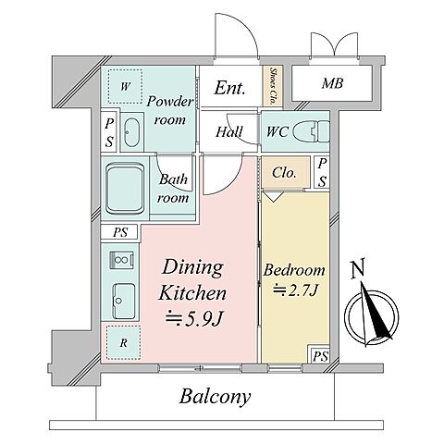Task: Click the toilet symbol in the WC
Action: click(311, 131)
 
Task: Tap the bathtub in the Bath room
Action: click(125, 189)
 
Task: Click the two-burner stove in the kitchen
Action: click(122, 260)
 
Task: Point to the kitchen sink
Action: click(124, 302)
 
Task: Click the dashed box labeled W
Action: click(125, 87)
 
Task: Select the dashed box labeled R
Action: click(123, 342)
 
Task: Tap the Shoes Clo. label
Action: click(273, 86)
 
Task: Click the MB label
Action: click(332, 83)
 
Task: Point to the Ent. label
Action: click(229, 88)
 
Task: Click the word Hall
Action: click(229, 132)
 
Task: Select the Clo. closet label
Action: click(284, 173)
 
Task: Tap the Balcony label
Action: click(215, 397)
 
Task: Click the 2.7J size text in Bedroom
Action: click(295, 290)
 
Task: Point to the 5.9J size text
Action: click(194, 318)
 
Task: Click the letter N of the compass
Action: click(358, 268)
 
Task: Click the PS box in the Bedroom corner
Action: click(320, 355)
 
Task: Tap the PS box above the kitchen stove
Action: click(119, 232)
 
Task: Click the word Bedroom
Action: click(294, 270)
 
